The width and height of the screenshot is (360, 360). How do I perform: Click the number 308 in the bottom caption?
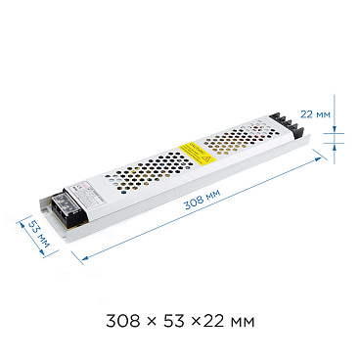(122, 320)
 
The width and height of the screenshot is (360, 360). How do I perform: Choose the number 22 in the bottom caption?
(215, 320)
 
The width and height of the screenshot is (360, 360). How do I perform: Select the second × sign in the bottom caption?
(195, 321)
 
